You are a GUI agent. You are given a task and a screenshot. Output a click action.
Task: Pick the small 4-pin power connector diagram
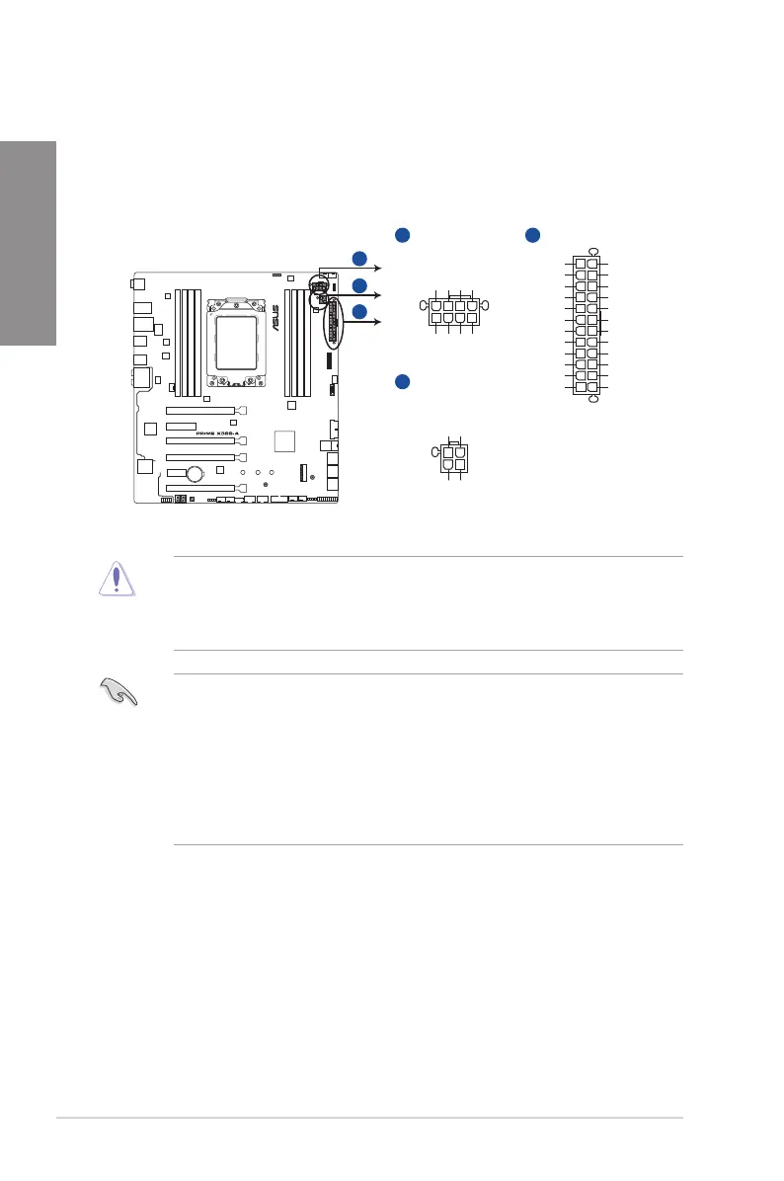454,459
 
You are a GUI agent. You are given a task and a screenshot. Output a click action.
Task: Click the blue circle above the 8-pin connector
401,235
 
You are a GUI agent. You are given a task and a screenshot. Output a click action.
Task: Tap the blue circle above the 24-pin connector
531,235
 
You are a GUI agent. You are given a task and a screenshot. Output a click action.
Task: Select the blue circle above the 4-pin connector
401,381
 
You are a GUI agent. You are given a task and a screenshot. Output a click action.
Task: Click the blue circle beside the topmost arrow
359,259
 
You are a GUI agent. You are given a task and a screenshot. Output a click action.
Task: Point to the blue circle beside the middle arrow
359,286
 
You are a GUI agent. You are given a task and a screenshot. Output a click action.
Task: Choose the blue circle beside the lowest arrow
359,312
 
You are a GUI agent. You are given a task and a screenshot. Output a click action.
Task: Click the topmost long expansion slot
200,409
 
